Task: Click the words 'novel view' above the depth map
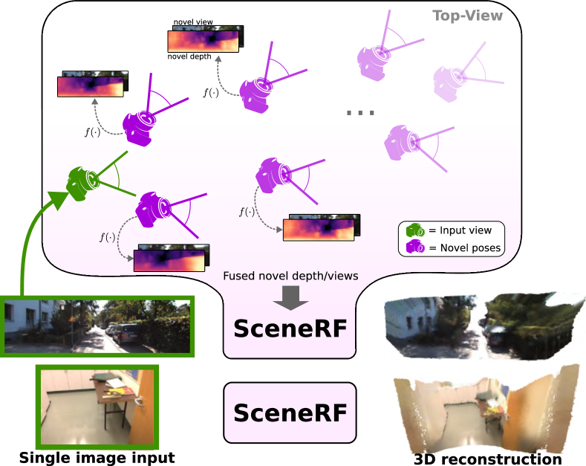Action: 194,22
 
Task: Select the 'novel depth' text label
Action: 189,56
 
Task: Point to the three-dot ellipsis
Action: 360,113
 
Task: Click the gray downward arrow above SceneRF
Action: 291,297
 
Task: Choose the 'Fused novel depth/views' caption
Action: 291,276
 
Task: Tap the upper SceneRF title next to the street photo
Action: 290,328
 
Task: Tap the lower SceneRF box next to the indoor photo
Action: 290,412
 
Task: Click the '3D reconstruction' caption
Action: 487,459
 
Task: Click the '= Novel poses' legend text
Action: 465,247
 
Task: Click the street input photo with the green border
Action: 98,326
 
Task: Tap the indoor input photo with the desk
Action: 98,407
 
